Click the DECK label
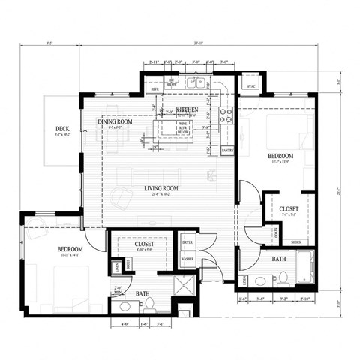[62, 130]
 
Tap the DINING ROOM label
[115, 121]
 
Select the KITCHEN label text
[187, 109]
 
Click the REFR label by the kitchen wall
[155, 88]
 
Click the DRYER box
[187, 243]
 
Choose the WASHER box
[187, 259]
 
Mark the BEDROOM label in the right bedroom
[280, 156]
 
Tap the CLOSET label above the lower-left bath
[145, 244]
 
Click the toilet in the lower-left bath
[148, 301]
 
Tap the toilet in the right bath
[261, 280]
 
